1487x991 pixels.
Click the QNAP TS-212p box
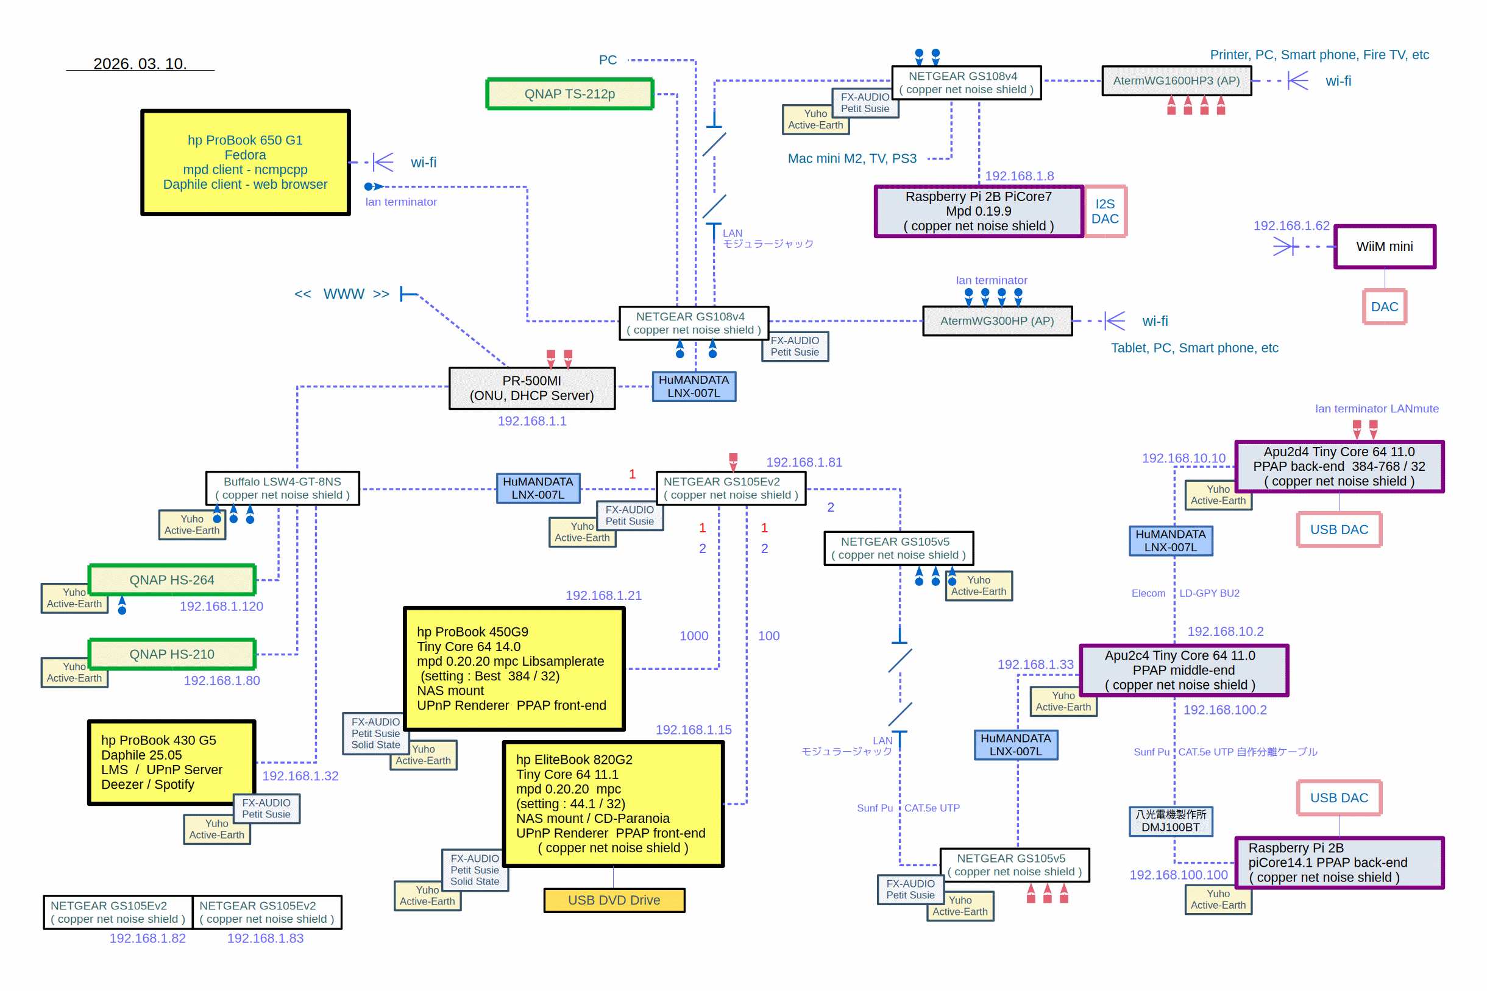[569, 94]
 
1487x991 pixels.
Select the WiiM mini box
[1384, 247]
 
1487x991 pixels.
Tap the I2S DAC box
[1104, 211]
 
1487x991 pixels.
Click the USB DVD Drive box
[614, 900]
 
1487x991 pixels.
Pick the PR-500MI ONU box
[531, 388]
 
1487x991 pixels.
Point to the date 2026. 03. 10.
[140, 64]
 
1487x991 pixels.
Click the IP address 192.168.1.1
[531, 421]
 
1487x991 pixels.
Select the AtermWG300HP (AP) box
[997, 321]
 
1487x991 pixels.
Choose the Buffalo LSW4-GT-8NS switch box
[282, 488]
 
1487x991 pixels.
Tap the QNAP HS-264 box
[172, 580]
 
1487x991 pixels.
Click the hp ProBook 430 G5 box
[171, 762]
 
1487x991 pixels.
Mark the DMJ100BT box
[1170, 821]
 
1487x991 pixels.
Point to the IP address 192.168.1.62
[1291, 225]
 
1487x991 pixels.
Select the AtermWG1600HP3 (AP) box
[1176, 81]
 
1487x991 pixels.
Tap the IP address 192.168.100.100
[1179, 875]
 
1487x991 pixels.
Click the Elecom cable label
[1148, 593]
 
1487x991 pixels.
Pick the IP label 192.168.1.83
[265, 938]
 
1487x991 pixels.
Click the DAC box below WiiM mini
[1384, 306]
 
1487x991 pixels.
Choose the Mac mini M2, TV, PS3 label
[851, 158]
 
